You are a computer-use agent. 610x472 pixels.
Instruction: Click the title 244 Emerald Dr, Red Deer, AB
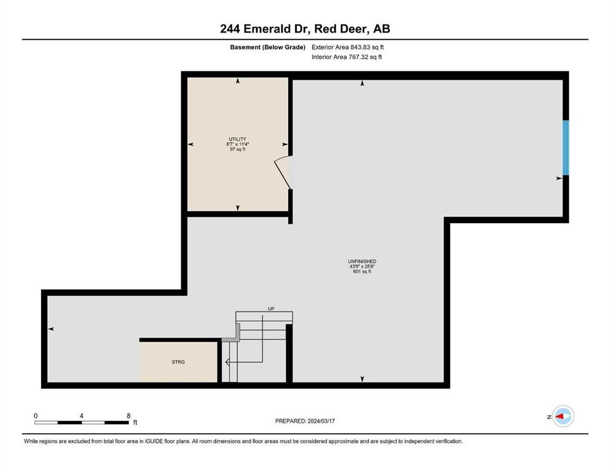tap(305, 29)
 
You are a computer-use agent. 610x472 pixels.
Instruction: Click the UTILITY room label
tap(237, 140)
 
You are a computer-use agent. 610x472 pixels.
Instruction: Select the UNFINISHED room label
tap(362, 261)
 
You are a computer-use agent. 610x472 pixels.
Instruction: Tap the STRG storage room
tap(178, 362)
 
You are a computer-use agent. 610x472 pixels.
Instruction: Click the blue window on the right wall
tap(566, 147)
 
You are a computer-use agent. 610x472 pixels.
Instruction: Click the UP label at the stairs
tap(270, 309)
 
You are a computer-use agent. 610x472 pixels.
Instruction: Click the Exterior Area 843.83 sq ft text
tap(348, 47)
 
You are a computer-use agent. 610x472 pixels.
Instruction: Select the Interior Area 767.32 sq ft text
tap(347, 57)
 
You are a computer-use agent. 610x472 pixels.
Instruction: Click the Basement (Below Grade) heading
tap(268, 47)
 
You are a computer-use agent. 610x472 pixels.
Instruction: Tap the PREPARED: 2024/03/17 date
tap(305, 421)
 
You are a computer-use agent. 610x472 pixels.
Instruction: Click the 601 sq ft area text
tap(362, 271)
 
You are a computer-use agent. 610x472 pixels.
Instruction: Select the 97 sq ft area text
tap(237, 149)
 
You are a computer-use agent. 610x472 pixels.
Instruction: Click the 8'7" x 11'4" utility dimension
tap(237, 144)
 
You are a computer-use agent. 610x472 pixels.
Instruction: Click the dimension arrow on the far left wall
tap(52, 329)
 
